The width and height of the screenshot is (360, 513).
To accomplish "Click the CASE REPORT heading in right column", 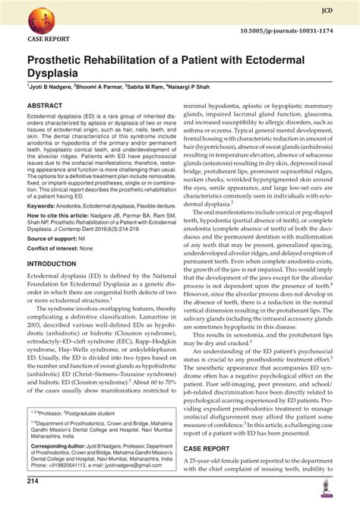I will point(213,450).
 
